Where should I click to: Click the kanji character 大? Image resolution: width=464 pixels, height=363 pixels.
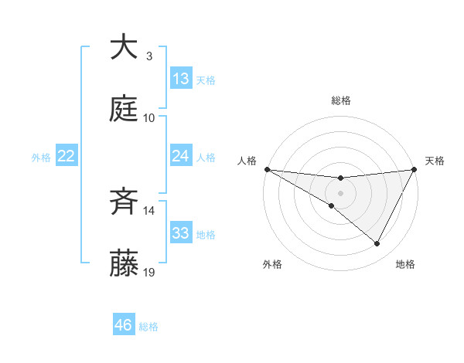(125, 48)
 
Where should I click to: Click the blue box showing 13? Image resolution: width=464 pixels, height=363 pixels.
(181, 79)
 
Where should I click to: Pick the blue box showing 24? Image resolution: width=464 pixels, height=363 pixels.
(181, 157)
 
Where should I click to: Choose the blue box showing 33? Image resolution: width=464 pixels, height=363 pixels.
(181, 233)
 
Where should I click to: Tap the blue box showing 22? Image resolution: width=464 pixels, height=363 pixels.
(67, 157)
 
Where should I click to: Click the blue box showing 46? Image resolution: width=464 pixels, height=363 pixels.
(124, 325)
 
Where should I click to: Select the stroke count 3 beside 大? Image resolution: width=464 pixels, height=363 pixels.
(148, 56)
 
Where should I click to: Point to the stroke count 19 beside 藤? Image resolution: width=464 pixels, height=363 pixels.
(150, 272)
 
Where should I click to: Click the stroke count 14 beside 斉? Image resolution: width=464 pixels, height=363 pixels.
(150, 210)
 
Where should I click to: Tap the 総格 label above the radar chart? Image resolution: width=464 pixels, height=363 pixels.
(341, 101)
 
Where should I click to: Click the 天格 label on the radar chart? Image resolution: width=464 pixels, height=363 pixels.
(435, 161)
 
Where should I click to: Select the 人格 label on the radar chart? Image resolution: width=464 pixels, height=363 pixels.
(247, 161)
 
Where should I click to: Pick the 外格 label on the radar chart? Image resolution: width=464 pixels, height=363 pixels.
(272, 264)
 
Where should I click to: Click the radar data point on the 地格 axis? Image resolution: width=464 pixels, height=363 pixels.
(377, 244)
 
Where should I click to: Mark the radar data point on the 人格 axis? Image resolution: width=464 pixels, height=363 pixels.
(267, 169)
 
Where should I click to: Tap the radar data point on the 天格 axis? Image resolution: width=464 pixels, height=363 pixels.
(415, 169)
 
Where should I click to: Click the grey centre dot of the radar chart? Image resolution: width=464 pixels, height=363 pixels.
(340, 192)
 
